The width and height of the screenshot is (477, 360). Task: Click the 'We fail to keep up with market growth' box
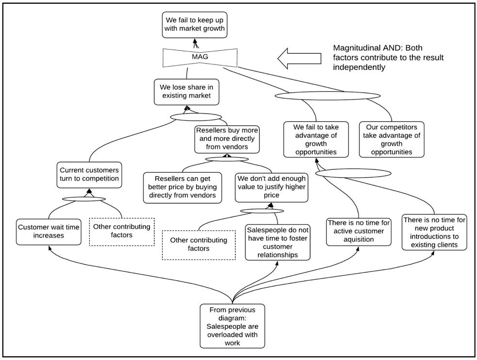(x=195, y=25)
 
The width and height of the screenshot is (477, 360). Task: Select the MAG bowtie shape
(x=200, y=57)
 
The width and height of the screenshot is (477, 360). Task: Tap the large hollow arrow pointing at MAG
(x=299, y=58)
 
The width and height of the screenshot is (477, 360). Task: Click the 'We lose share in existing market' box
(x=186, y=92)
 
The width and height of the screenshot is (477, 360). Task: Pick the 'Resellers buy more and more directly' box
(x=227, y=139)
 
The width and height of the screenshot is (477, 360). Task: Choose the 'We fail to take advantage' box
(x=316, y=140)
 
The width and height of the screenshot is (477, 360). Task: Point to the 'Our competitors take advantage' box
(x=392, y=140)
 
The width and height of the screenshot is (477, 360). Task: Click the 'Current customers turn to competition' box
(x=89, y=175)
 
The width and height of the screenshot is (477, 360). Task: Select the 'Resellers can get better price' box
(x=182, y=188)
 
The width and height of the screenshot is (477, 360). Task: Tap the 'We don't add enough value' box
(x=271, y=187)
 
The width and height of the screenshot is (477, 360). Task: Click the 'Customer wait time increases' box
(x=49, y=232)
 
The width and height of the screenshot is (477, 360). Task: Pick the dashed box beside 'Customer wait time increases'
(x=122, y=232)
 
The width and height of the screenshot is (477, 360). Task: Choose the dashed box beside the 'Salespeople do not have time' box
(x=198, y=245)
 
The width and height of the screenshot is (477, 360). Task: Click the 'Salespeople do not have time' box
(x=278, y=242)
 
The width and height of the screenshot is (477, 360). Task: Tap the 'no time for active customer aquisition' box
(x=359, y=232)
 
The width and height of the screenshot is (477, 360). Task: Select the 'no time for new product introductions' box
(x=434, y=232)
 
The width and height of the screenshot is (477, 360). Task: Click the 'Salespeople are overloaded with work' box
(x=232, y=326)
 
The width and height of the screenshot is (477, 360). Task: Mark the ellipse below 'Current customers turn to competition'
(x=84, y=199)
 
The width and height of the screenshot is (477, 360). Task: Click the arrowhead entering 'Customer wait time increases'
(x=49, y=247)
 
